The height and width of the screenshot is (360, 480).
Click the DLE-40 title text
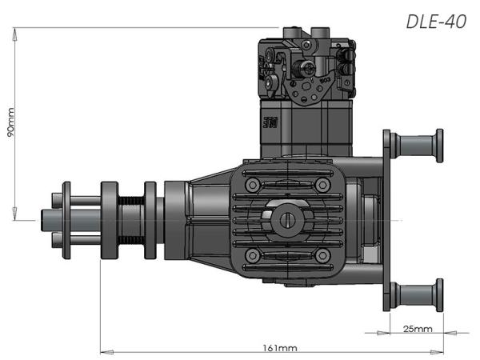coord(436,22)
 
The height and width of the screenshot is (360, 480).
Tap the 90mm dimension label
coord(10,122)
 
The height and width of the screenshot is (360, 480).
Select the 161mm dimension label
coord(280,348)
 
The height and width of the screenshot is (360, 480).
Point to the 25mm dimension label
coord(418,329)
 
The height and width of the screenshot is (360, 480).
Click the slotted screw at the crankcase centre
coord(288,220)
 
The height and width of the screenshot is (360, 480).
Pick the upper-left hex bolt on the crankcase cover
coord(253,185)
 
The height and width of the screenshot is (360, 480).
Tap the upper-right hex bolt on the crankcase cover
coord(322,185)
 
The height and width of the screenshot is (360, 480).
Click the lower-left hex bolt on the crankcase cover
coord(253,256)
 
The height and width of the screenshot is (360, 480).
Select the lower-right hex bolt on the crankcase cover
coord(322,256)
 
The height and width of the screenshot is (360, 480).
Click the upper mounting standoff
coord(417,146)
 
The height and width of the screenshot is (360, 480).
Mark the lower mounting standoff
coord(417,295)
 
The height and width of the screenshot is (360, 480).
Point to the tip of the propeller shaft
coord(42,220)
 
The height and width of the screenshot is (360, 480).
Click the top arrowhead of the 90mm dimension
coord(14,34)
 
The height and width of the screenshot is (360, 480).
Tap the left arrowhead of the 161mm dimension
coord(107,352)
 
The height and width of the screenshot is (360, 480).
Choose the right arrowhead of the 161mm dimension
coord(437,352)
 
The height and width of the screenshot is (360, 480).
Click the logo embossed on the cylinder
coord(270,122)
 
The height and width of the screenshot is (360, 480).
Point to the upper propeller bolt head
coord(57,200)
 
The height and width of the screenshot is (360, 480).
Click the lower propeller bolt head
coord(57,240)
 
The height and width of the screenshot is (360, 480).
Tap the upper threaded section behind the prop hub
coord(131,201)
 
